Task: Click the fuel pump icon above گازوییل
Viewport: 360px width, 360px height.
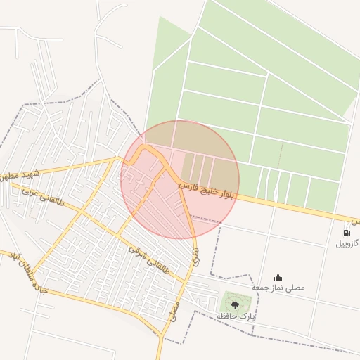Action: (347, 232)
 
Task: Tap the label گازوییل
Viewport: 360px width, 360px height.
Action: (347, 243)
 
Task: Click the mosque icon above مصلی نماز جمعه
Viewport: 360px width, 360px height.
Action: (278, 277)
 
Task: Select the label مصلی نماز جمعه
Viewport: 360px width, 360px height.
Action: (278, 288)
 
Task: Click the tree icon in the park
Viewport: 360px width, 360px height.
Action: (235, 304)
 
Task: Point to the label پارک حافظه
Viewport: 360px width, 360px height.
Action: (236, 317)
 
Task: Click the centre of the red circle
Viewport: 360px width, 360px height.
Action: (180, 180)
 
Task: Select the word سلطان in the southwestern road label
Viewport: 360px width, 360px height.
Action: (21, 270)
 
